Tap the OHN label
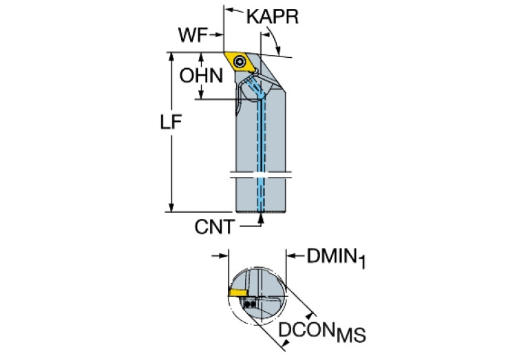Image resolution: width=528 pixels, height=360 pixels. (202, 76)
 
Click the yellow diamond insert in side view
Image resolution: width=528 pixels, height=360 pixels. (240, 61)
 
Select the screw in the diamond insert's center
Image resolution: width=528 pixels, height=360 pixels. (240, 62)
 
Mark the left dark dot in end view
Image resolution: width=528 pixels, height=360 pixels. (247, 303)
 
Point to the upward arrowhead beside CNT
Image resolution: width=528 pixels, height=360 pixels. (262, 218)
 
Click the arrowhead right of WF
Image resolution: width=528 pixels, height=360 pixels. (221, 35)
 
